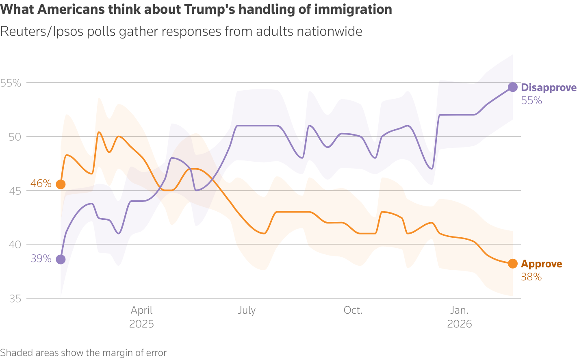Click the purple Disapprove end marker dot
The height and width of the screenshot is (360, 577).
(513, 87)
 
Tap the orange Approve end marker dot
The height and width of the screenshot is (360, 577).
(513, 264)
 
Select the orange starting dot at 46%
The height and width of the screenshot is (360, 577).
(61, 184)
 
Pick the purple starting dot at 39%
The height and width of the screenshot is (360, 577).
(61, 259)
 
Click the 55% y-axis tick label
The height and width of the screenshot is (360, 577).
(11, 83)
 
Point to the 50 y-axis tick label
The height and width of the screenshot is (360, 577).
(15, 137)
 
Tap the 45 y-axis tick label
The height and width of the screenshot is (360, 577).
(15, 191)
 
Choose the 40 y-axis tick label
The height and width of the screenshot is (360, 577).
(15, 245)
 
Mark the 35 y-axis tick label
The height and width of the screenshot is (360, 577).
(15, 299)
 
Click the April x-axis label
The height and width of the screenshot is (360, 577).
(141, 310)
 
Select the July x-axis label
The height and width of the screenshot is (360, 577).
(247, 310)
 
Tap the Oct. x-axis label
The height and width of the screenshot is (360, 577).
(353, 310)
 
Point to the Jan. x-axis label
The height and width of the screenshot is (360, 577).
(460, 310)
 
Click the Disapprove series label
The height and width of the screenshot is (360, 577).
(549, 88)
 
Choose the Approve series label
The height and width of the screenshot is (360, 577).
(541, 264)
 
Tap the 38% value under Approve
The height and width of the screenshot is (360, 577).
(531, 277)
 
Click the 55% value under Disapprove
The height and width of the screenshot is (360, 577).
(531, 101)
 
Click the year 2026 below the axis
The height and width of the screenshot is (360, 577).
(460, 324)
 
